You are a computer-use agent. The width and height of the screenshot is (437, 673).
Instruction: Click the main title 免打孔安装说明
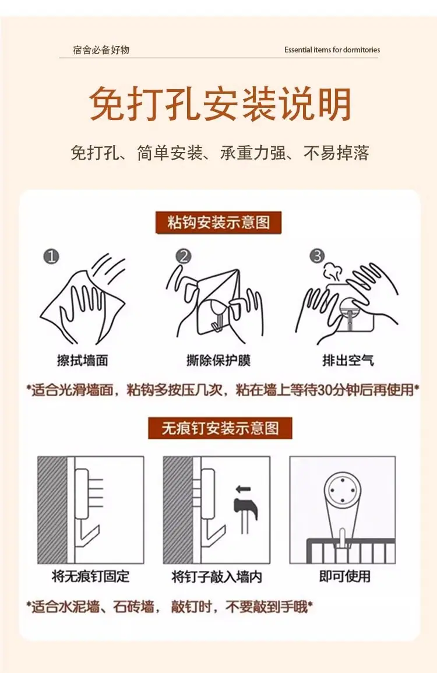[x=220, y=104]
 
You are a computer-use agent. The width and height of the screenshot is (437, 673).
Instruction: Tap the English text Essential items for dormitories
[x=332, y=50]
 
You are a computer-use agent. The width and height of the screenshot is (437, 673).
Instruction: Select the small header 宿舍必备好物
[x=101, y=50]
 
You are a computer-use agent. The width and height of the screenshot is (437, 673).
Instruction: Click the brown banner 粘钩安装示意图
[x=218, y=223]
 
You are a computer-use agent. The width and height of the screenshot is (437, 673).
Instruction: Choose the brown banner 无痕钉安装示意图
[x=220, y=428]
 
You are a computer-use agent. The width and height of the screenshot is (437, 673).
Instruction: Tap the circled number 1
[x=51, y=256]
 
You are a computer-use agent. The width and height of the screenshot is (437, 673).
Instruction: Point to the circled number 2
[x=184, y=256]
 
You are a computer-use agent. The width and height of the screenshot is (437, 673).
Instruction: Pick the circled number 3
[x=317, y=256]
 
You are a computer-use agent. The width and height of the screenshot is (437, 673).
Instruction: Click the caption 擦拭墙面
[x=82, y=360]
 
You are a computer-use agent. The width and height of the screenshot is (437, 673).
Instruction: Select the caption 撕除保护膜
[x=218, y=360]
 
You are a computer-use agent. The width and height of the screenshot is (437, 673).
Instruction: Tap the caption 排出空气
[x=348, y=360]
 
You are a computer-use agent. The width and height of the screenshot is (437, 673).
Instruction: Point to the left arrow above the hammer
[x=243, y=488]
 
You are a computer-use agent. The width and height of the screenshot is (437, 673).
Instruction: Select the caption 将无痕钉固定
[x=90, y=576]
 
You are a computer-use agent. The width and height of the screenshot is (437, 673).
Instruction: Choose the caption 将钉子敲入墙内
[x=217, y=576]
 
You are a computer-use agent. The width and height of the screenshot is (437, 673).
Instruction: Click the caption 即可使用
[x=345, y=576]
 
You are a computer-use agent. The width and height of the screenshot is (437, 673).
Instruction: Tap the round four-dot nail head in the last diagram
[x=343, y=489]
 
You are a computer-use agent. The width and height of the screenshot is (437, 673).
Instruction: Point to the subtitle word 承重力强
[x=253, y=153]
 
